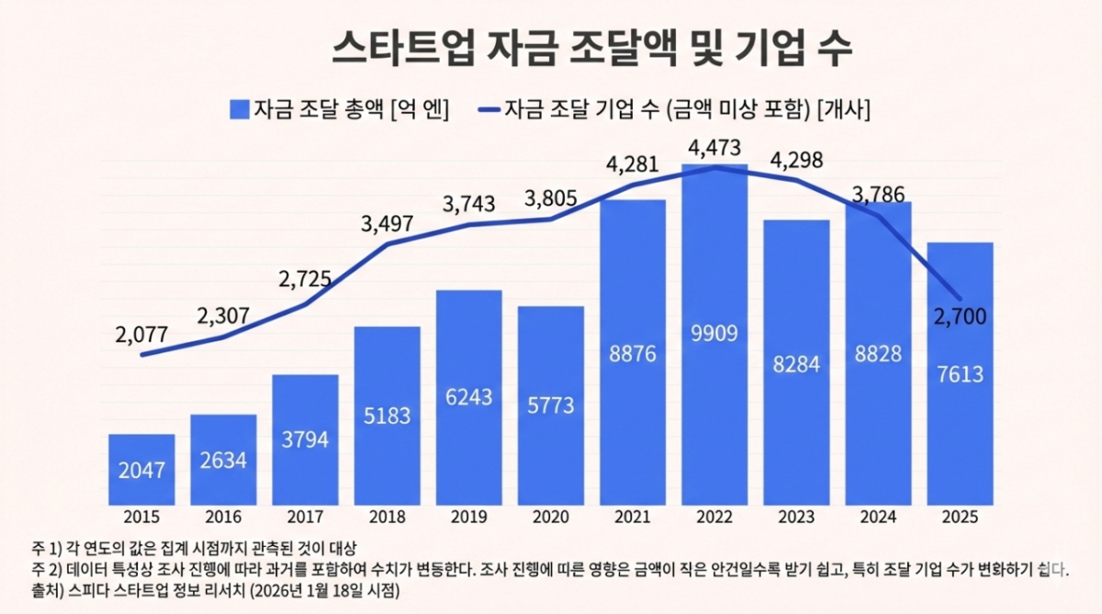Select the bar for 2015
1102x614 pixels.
pyautogui.click(x=141, y=470)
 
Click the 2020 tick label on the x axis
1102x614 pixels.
pyautogui.click(x=550, y=518)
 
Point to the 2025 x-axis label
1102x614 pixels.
pyautogui.click(x=961, y=518)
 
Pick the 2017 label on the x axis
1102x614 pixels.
pyautogui.click(x=305, y=518)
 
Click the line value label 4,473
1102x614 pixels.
pyautogui.click(x=714, y=148)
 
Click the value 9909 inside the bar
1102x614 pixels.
pyautogui.click(x=714, y=332)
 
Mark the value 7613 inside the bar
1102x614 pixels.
pyautogui.click(x=961, y=374)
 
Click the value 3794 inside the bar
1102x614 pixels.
pyautogui.click(x=305, y=441)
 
